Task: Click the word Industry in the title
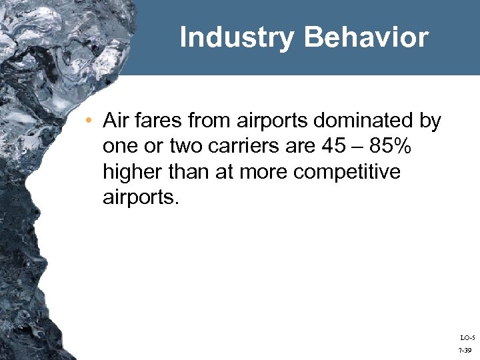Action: [x=236, y=37]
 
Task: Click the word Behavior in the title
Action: [x=366, y=37]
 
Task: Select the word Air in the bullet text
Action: [x=117, y=121]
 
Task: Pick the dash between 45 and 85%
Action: [x=351, y=147]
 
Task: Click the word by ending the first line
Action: [x=429, y=121]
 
